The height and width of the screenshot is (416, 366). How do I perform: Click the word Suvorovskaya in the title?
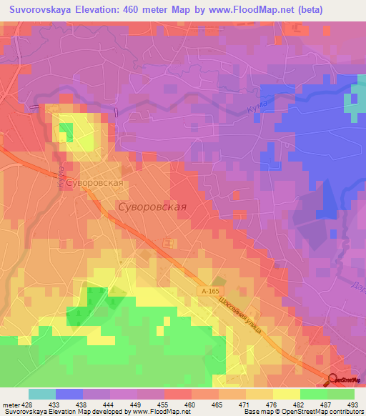point(46,10)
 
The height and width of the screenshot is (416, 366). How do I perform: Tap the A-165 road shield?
point(209,292)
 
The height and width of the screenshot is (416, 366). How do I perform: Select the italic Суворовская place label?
point(151,207)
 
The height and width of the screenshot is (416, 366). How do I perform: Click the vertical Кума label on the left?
point(61,178)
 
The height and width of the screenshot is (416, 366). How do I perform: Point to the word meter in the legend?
point(11,405)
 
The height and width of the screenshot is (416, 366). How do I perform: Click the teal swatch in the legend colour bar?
point(42,394)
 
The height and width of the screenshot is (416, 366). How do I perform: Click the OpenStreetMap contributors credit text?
point(323,412)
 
